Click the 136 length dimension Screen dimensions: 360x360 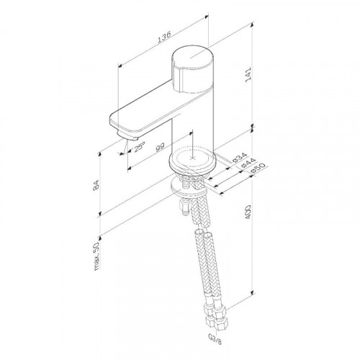click(164, 37)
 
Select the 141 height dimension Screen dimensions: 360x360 click(248, 75)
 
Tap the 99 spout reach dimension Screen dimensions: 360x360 click(160, 147)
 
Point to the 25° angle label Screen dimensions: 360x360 click(140, 147)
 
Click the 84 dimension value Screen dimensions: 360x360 click(96, 185)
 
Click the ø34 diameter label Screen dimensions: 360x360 click(240, 157)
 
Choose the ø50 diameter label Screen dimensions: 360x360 click(258, 168)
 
